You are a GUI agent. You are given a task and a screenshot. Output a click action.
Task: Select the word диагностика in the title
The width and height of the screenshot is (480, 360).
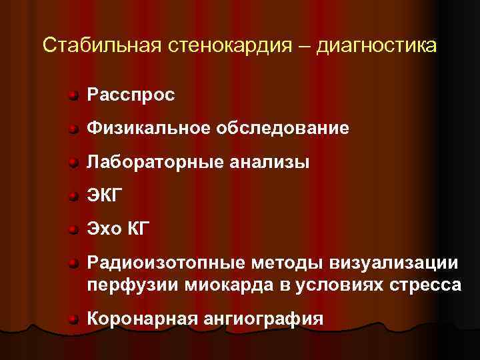click(377, 46)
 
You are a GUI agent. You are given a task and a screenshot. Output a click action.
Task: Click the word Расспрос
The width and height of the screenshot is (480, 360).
click(131, 96)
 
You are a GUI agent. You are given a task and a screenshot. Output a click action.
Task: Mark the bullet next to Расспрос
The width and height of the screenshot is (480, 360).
click(74, 96)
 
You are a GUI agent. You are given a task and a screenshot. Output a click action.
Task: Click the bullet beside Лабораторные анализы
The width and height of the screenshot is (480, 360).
click(74, 162)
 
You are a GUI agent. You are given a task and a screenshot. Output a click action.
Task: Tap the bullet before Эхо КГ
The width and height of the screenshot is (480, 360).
click(74, 230)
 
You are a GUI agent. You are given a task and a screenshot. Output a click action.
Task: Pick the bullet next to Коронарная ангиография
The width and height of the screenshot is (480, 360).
click(74, 319)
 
